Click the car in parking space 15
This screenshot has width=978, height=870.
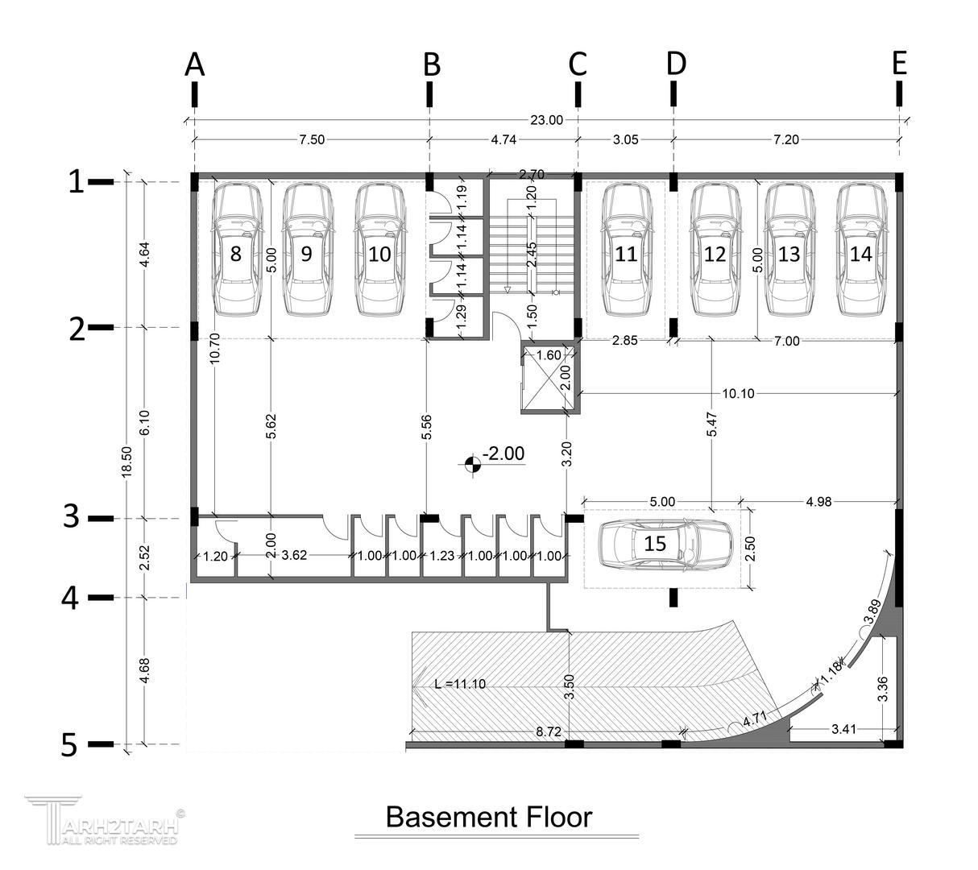[665, 544]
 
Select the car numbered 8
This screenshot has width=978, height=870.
[236, 250]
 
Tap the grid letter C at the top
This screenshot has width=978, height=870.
[578, 64]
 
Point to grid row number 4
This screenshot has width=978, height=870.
[70, 599]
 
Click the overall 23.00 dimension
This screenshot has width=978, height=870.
[546, 120]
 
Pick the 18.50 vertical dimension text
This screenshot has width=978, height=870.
[126, 462]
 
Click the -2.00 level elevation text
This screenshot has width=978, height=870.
[503, 454]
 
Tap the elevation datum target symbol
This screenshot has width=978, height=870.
[472, 465]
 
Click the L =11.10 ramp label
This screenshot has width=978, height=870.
[460, 684]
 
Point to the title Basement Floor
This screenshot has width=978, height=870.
[489, 817]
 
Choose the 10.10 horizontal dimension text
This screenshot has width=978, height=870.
[738, 394]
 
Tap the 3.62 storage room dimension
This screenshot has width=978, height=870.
[293, 555]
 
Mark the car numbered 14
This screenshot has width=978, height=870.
[861, 250]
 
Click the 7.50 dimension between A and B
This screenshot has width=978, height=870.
[311, 140]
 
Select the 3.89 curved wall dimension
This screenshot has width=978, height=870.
[872, 612]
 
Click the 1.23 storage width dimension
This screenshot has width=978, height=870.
[441, 556]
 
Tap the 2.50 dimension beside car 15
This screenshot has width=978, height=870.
[750, 549]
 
